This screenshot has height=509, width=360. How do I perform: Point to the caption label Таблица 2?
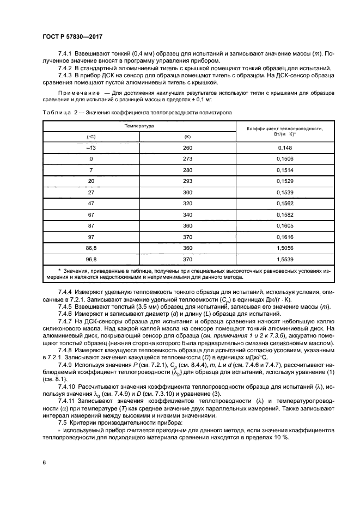(x=57, y=112)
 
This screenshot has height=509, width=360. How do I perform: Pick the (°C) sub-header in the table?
(x=91, y=136)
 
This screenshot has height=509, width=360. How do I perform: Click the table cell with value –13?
(x=91, y=148)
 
